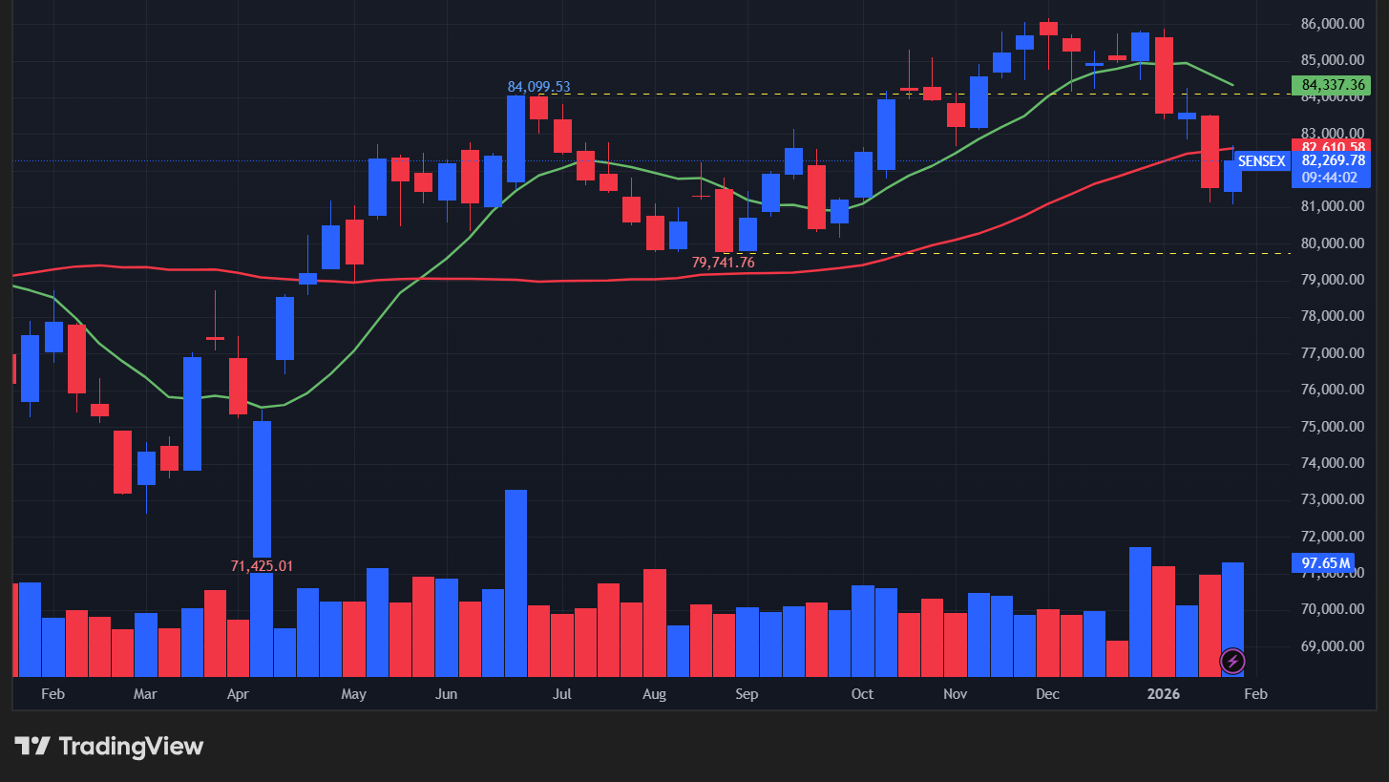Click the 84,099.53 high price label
point(538,87)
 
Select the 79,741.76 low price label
point(723,262)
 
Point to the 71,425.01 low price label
point(262,566)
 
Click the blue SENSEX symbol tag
point(1261,161)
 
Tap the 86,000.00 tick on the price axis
point(1333,24)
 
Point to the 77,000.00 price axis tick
point(1333,353)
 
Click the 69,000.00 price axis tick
point(1333,646)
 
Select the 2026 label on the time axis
point(1164,694)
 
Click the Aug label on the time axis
point(654,694)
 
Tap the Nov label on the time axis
point(955,694)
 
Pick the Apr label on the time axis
point(238,694)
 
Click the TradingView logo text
point(131,746)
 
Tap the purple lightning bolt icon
point(1232,660)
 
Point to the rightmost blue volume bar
point(1232,611)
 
